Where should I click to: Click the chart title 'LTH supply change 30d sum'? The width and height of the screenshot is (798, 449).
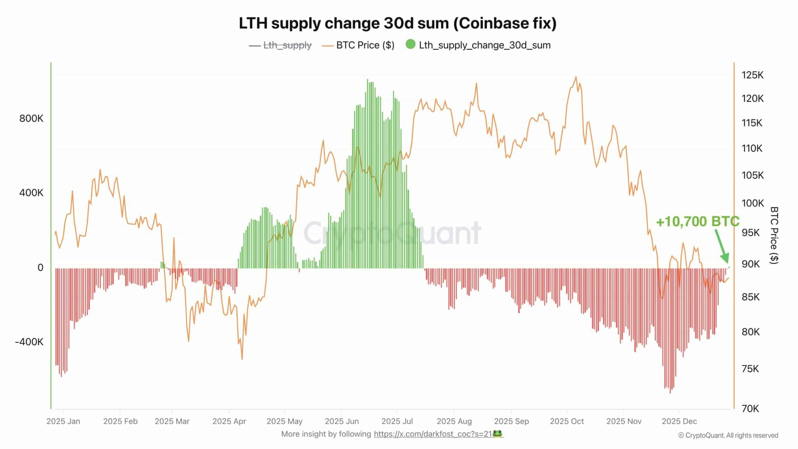(397, 23)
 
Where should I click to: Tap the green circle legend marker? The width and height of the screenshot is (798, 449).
(410, 44)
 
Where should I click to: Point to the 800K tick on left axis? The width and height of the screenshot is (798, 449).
(31, 118)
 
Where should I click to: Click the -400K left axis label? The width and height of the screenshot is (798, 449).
(29, 342)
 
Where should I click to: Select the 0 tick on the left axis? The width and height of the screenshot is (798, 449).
(40, 268)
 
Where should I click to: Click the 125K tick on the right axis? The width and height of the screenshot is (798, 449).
(752, 75)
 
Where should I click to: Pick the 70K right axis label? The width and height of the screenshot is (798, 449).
(750, 408)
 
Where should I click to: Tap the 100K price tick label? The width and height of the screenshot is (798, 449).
(752, 203)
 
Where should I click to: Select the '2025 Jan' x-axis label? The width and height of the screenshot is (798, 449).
(63, 421)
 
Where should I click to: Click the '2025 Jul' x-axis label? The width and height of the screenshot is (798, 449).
(397, 421)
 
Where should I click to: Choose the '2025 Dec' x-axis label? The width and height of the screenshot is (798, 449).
(679, 421)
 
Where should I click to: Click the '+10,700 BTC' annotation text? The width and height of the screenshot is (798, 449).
(697, 221)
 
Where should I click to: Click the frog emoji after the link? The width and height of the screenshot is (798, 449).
(498, 433)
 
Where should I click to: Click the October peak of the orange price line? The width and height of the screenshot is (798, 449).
(576, 77)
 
